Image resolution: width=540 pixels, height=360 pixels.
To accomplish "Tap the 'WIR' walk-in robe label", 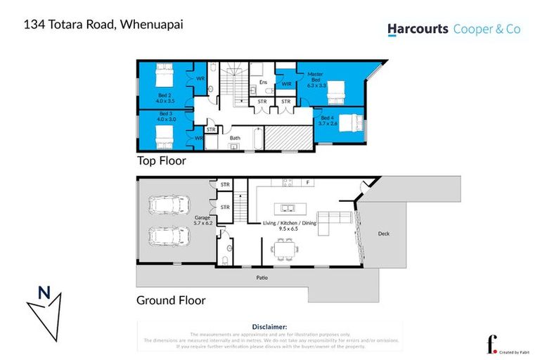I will [x=286, y=84].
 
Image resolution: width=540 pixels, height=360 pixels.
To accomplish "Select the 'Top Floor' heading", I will [x=162, y=161].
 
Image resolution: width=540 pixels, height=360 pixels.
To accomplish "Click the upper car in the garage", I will [x=164, y=205].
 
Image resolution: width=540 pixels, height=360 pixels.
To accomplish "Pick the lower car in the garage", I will [x=164, y=237].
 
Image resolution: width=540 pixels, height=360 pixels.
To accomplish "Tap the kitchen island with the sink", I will [x=288, y=208].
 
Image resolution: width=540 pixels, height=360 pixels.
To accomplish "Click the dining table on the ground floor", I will [x=285, y=248].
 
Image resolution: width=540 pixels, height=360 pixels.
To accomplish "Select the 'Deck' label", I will [x=383, y=234].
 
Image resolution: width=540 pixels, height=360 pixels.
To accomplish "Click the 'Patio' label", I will [x=262, y=278].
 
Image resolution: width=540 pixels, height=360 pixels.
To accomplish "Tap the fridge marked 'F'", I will [x=307, y=183].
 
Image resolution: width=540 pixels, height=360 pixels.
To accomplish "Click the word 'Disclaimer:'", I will [x=269, y=327].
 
